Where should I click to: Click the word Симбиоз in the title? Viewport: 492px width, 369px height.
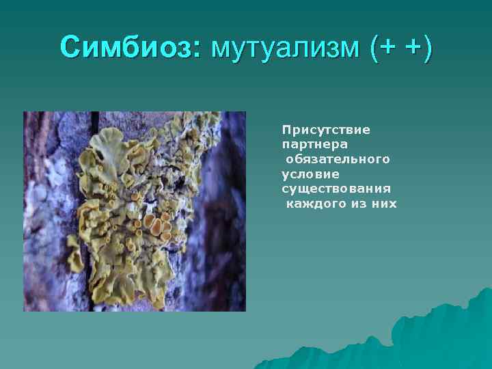pos(127,48)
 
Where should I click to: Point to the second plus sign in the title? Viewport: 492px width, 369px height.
pos(409,49)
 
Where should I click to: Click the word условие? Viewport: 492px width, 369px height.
pos(310,174)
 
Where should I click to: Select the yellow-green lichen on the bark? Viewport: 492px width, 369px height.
pos(137,205)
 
